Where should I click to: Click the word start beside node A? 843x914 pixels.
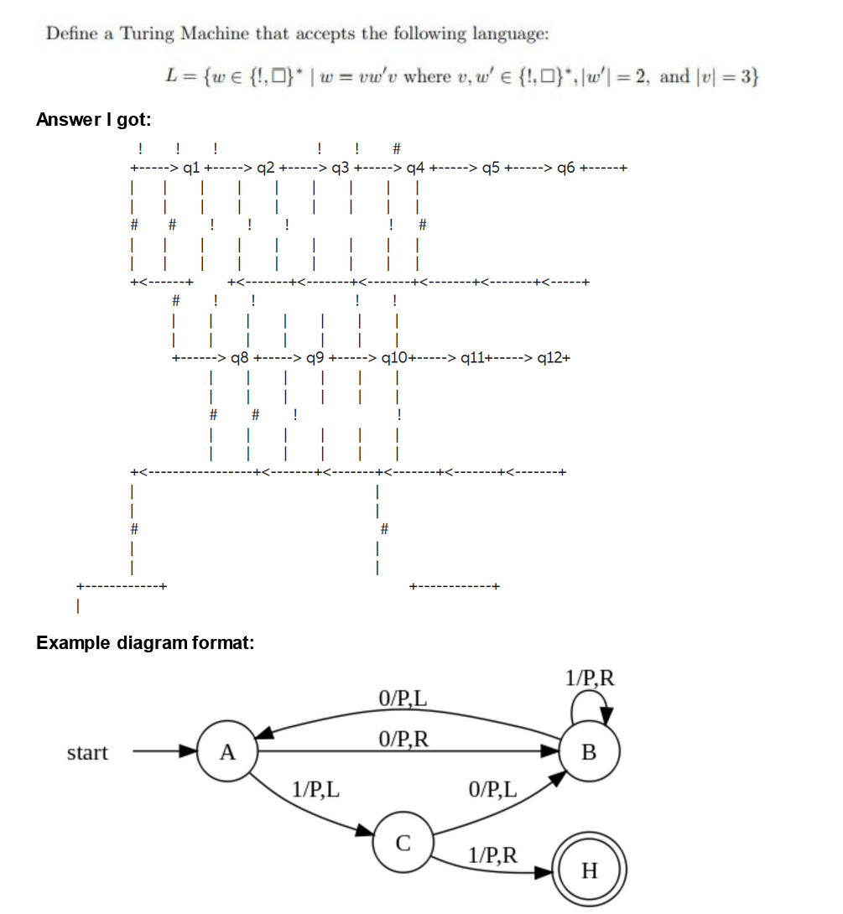point(87,752)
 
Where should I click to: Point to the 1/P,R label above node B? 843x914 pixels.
point(590,678)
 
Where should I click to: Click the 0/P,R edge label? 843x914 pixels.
point(404,739)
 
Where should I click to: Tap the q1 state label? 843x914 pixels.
point(190,167)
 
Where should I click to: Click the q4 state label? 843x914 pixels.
point(414,167)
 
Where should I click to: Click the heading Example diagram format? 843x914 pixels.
point(144,643)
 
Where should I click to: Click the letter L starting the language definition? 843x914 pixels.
point(171,77)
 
